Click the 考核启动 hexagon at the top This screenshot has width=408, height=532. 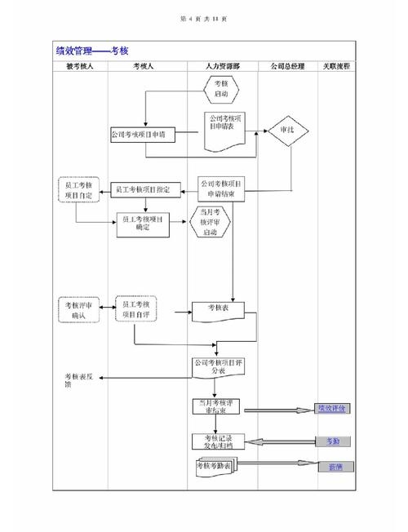point(221,89)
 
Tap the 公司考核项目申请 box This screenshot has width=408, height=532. point(143,134)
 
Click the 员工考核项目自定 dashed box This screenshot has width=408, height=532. point(78,190)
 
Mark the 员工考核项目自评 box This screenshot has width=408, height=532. point(135,308)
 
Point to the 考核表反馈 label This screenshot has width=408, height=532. point(79,379)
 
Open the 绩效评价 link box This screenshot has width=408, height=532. point(332,409)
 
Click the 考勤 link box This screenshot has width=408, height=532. point(332,441)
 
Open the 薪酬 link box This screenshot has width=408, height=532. point(334,467)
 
